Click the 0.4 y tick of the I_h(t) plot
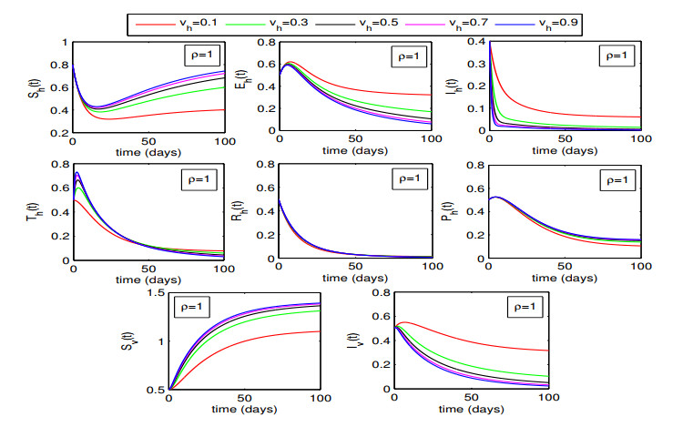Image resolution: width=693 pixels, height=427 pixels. tap(476, 43)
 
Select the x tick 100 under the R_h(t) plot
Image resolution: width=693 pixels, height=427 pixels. tap(431, 269)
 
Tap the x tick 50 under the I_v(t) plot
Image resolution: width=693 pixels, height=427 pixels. tap(470, 398)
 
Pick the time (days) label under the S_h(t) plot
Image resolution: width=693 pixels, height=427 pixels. tap(149, 152)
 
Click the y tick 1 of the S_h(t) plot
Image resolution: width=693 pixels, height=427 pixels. tap(62, 43)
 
